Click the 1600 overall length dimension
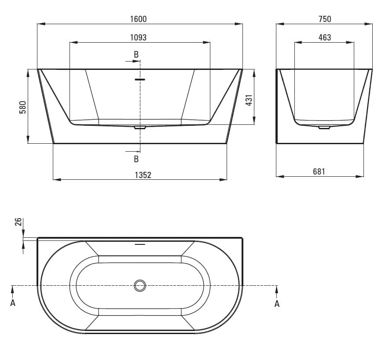(x=139, y=19)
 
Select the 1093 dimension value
(x=139, y=38)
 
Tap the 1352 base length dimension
(x=143, y=175)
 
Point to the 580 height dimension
(x=22, y=107)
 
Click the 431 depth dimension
(x=249, y=100)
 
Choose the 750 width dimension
(x=325, y=19)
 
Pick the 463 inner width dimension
(x=325, y=38)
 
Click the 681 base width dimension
(x=319, y=171)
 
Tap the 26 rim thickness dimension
(x=18, y=222)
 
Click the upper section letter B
(x=136, y=55)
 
